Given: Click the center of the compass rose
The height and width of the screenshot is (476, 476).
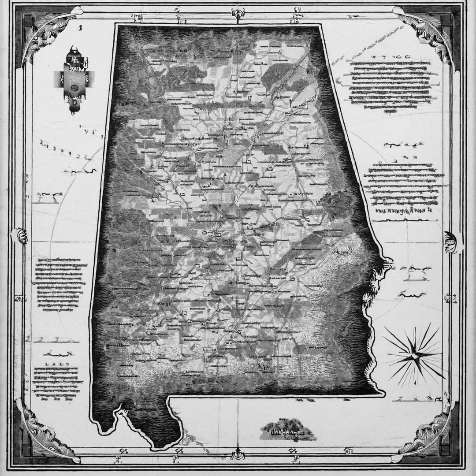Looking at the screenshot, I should point(415,354).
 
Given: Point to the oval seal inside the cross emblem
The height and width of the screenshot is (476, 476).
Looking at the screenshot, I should point(74,87).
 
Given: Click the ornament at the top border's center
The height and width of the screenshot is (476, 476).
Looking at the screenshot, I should point(238,12).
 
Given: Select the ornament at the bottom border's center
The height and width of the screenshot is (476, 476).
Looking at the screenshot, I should point(238,454).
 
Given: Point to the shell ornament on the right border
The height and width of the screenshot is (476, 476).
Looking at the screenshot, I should point(450,242).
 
